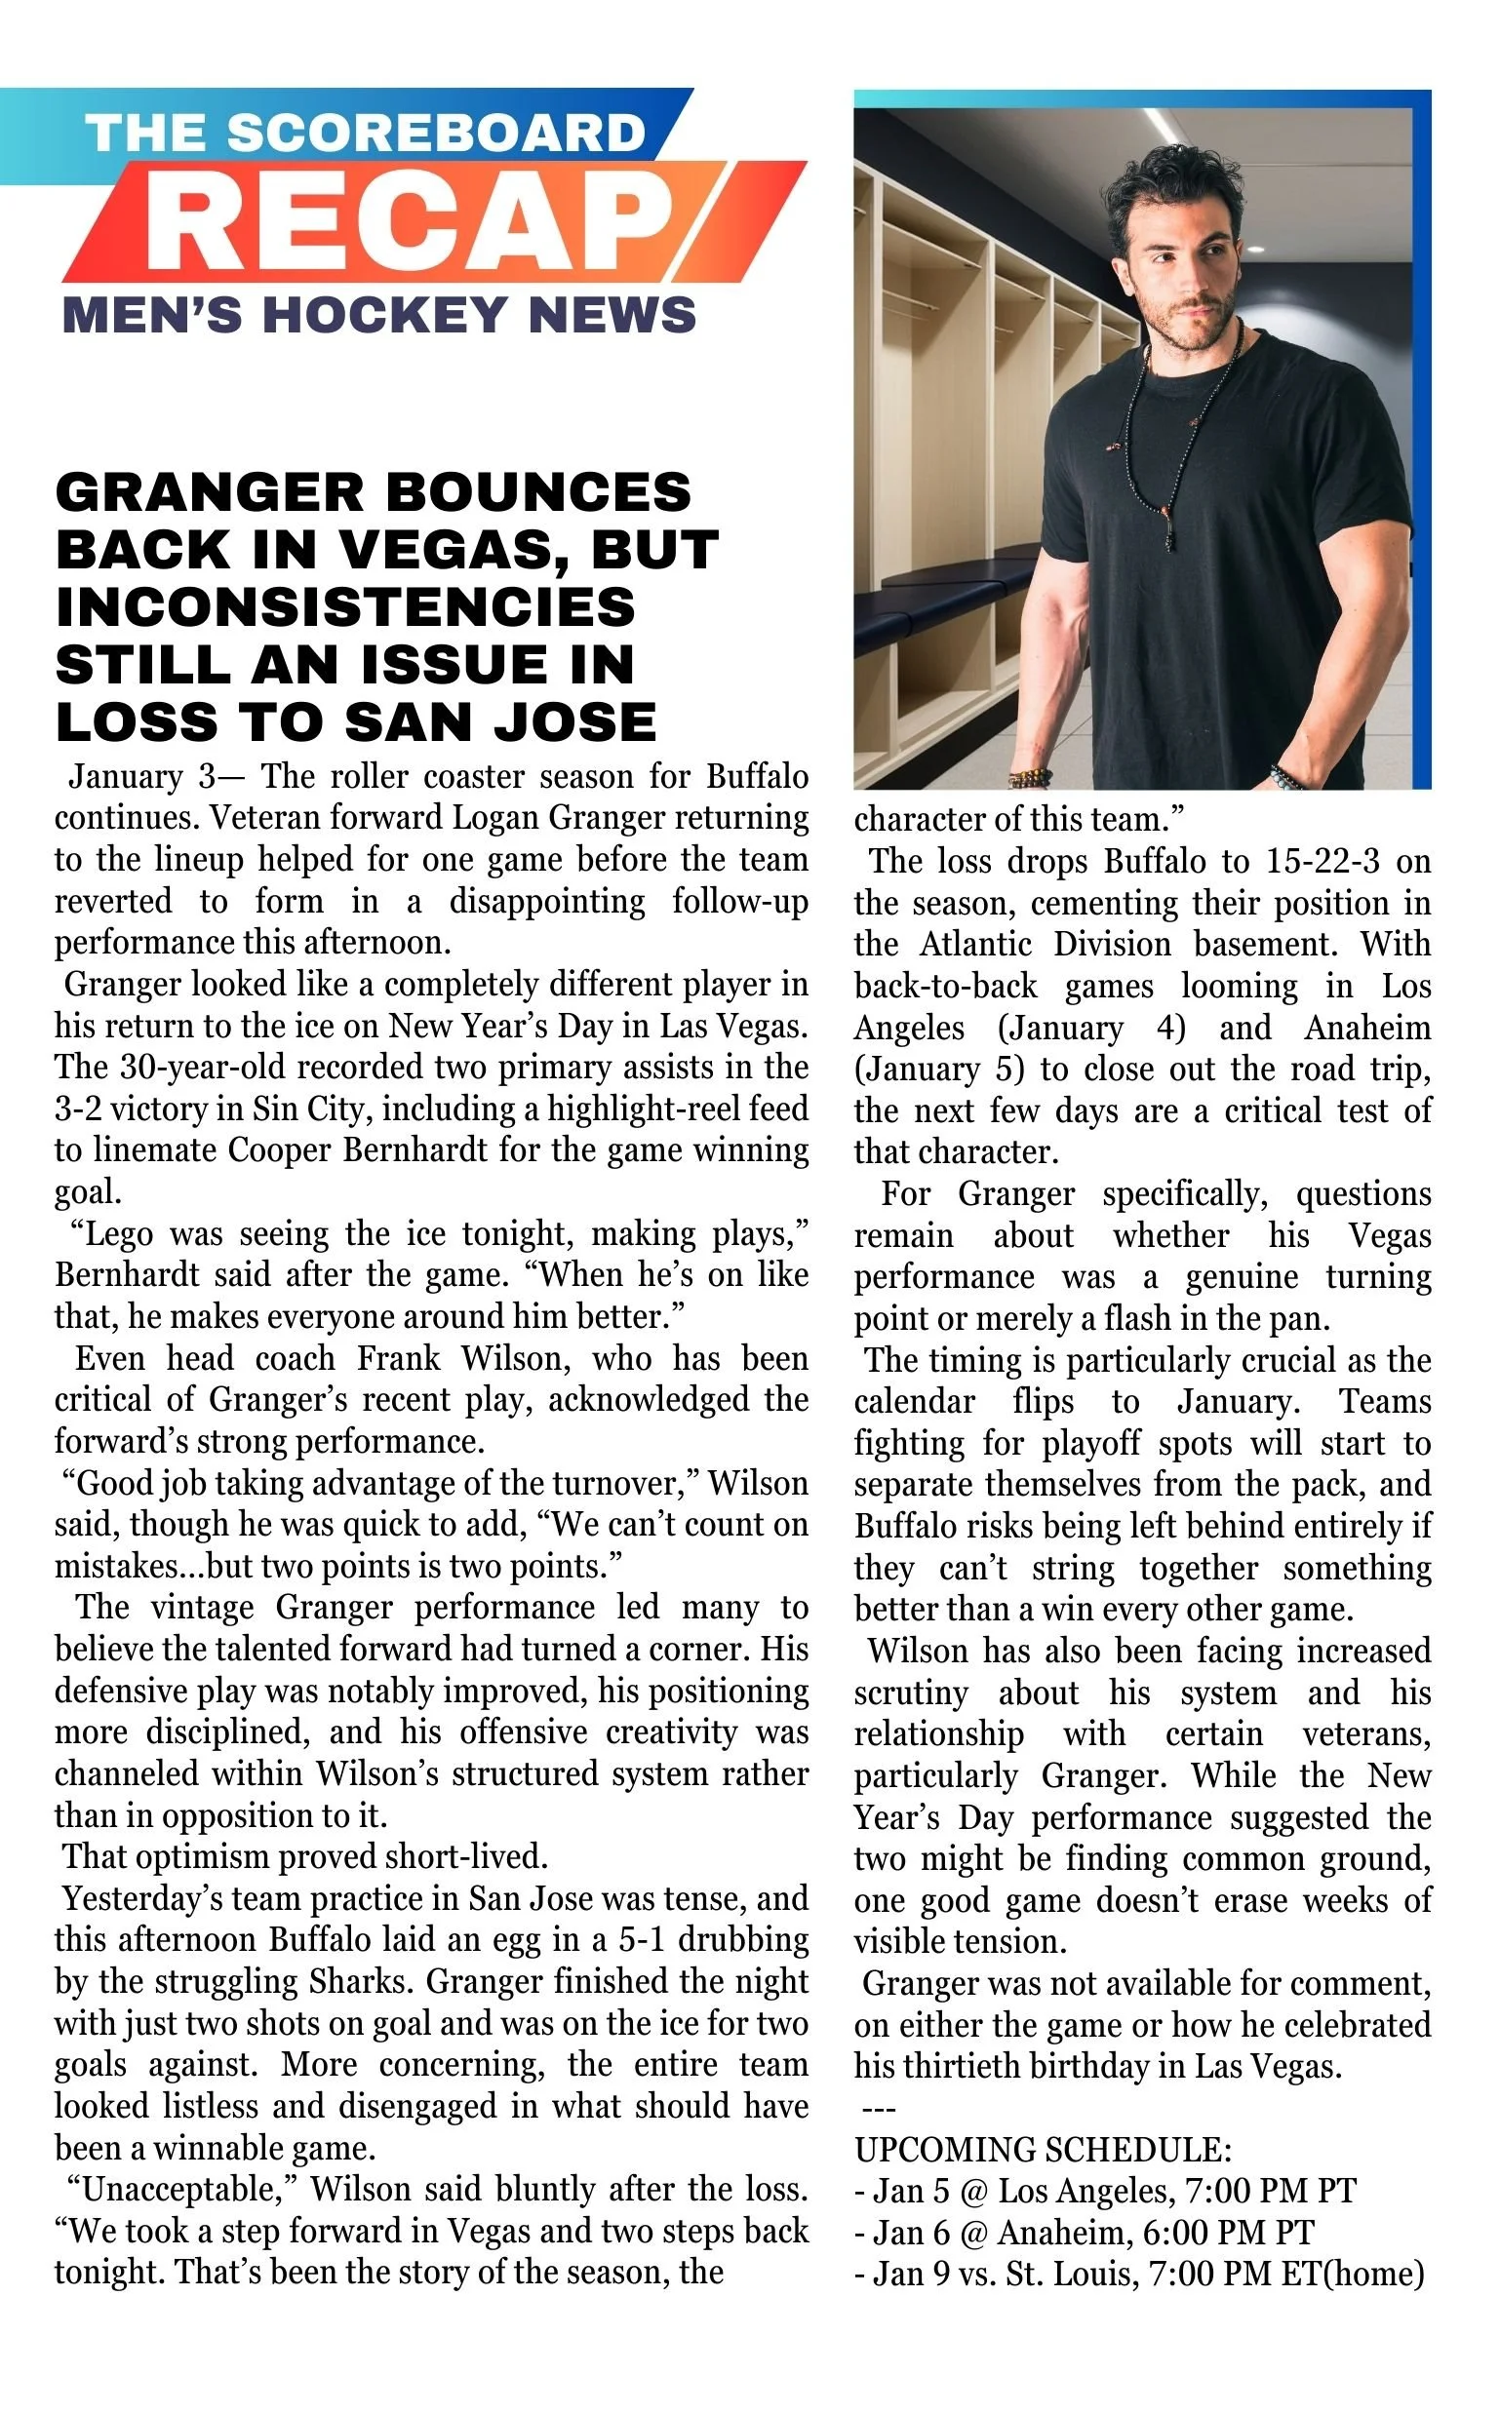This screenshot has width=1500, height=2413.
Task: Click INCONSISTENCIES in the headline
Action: [345, 607]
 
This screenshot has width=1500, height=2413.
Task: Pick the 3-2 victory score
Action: [76, 1109]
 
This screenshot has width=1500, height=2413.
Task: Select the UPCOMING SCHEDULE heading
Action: [1043, 2149]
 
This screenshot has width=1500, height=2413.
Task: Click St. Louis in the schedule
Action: [1072, 2274]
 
